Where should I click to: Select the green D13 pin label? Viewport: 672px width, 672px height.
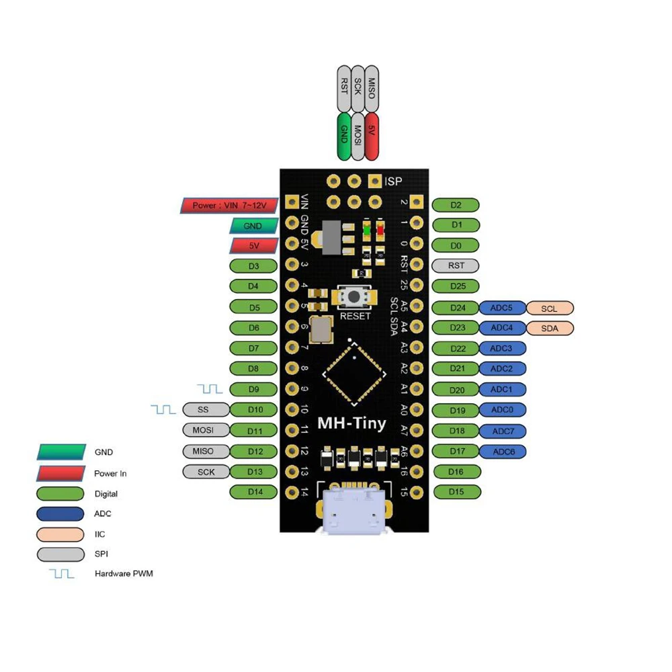coord(254,472)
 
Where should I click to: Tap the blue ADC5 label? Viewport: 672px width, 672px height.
coord(501,308)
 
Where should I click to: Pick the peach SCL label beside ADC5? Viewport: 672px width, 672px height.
coord(550,308)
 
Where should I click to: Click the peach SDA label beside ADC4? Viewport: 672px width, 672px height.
coord(550,329)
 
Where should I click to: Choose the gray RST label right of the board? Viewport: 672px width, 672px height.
coord(456,265)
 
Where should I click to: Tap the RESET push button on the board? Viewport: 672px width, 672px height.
coord(355,296)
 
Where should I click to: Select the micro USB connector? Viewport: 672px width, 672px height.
coord(353,512)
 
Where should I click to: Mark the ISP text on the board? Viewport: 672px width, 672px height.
coord(393,181)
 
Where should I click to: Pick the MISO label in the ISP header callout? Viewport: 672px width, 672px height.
coord(370,88)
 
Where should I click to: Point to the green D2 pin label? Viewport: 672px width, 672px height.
coord(456,205)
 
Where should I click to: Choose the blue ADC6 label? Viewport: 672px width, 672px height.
coord(503,452)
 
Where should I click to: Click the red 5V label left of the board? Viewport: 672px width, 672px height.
coord(254,246)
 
